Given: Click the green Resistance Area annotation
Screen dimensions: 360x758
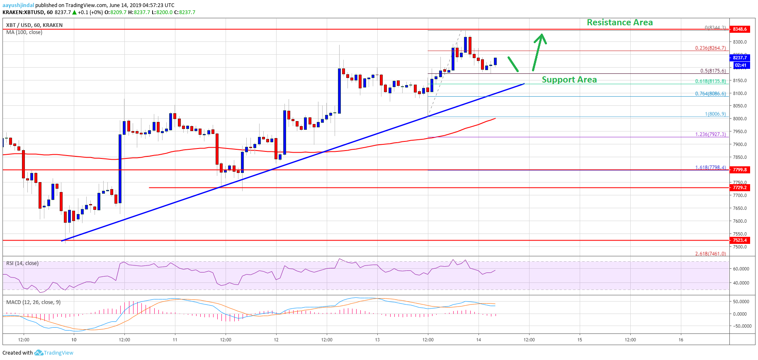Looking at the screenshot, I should (620, 23).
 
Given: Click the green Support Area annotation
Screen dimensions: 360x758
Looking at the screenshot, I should (569, 80).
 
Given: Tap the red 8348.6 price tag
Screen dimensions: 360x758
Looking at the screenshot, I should (739, 29).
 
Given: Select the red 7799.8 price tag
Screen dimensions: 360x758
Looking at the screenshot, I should (739, 170).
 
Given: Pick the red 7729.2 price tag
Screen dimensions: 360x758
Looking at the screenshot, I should (739, 187).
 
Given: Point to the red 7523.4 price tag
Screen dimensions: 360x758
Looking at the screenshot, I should (739, 240).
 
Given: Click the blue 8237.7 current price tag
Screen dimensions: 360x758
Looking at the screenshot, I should (739, 58).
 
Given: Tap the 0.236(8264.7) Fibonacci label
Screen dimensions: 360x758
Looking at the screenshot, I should (710, 48).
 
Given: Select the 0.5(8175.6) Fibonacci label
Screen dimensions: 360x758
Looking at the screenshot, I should (713, 71).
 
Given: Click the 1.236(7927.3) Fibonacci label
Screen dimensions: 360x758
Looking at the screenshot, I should (710, 134).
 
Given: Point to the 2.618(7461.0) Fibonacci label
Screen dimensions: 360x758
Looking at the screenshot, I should (710, 253).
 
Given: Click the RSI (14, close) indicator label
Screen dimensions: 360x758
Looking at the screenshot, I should (22, 263).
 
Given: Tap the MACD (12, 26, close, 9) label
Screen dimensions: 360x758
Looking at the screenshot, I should (33, 302).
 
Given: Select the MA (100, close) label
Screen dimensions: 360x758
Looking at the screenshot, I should (24, 32).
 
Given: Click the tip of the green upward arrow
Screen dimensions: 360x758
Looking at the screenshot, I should (541, 34).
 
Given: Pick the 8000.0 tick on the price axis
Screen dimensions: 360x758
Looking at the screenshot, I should (739, 119).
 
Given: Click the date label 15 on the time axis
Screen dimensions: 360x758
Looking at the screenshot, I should (580, 340).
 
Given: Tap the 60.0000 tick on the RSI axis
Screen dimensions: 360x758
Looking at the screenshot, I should (741, 269).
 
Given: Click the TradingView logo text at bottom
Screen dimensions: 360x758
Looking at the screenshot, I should (58, 353).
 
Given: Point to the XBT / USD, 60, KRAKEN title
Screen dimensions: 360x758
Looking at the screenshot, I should (34, 25).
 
